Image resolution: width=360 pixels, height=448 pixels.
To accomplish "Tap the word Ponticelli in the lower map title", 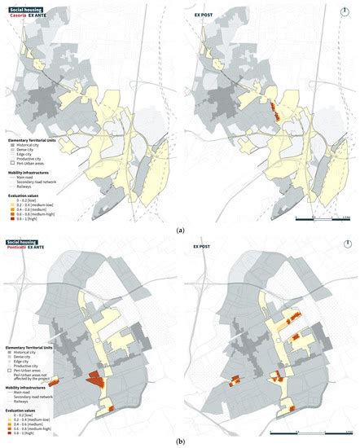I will point(18,245).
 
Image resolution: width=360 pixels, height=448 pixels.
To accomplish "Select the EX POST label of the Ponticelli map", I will point(202,245).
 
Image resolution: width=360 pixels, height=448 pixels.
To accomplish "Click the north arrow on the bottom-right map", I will point(345,244).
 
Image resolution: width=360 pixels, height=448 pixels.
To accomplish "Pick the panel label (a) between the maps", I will point(179,231).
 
